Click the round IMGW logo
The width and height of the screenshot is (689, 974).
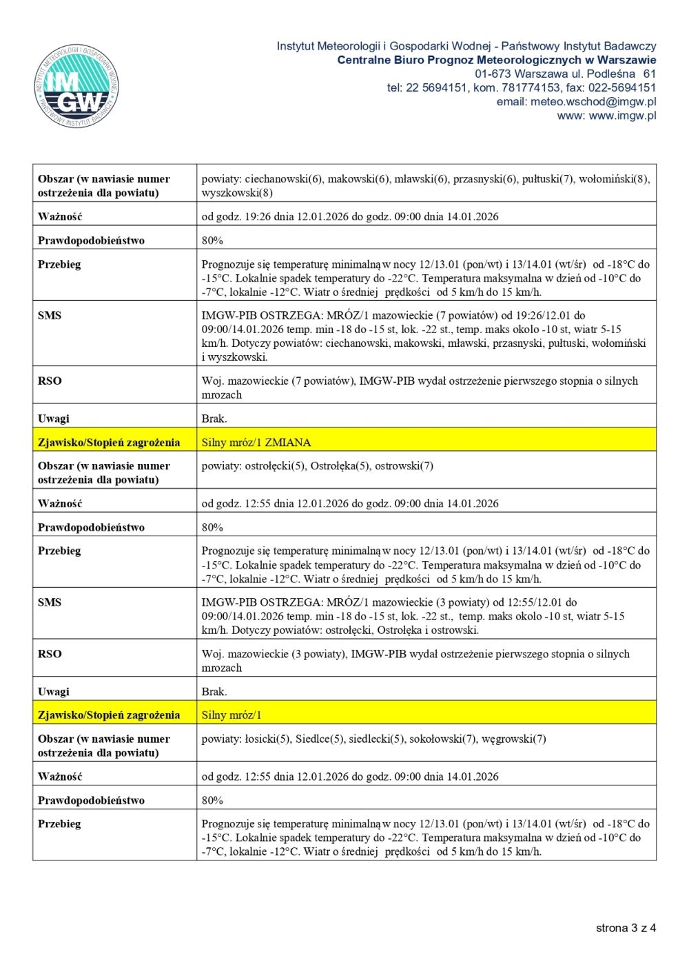click(x=78, y=87)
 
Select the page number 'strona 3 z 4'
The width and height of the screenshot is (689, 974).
click(x=626, y=928)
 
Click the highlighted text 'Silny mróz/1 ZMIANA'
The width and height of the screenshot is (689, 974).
click(x=256, y=443)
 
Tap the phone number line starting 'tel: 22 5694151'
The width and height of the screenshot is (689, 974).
click(x=521, y=87)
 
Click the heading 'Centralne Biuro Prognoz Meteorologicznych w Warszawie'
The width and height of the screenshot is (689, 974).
click(x=496, y=60)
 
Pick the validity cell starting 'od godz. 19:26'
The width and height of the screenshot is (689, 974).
click(x=350, y=217)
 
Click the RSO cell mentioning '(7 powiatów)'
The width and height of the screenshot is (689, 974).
click(x=420, y=388)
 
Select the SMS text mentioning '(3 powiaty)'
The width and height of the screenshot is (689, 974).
click(x=413, y=616)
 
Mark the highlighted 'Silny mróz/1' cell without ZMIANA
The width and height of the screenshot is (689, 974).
click(x=232, y=715)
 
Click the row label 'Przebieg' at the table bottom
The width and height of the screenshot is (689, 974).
click(x=59, y=824)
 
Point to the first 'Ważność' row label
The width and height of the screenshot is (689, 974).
click(x=60, y=217)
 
